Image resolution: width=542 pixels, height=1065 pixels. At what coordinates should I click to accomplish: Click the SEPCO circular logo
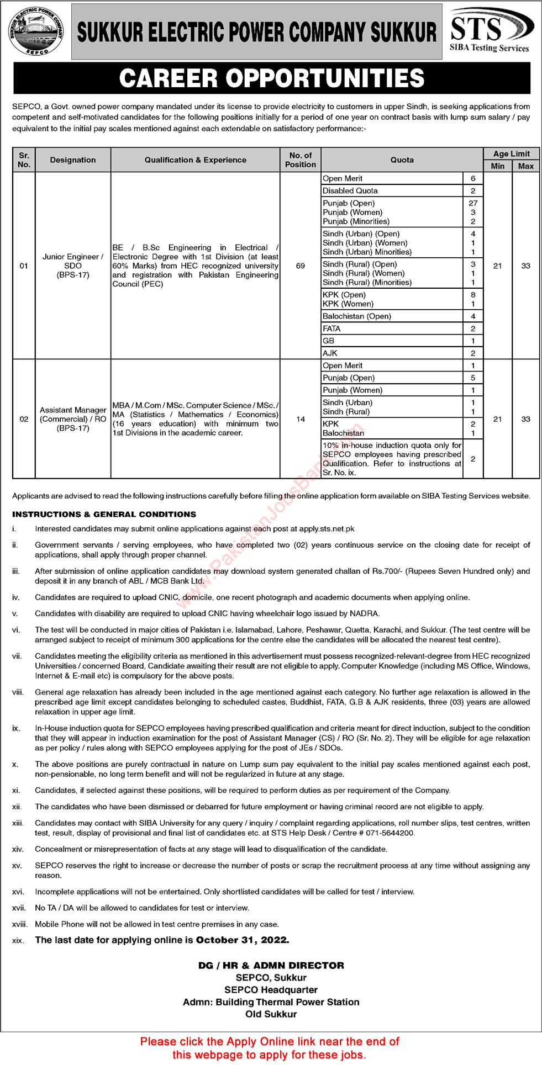(x=36, y=31)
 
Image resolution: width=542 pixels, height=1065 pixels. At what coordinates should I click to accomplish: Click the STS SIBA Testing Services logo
(x=491, y=30)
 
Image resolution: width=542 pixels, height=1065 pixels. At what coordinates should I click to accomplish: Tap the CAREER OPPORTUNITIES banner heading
(x=271, y=78)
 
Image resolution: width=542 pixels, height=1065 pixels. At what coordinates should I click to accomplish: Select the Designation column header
(x=73, y=160)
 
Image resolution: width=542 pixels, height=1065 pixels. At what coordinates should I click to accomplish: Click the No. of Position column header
(x=301, y=160)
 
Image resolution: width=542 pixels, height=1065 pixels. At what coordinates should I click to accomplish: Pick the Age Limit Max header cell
(x=525, y=166)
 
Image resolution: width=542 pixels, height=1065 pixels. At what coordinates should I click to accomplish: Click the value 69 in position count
(x=301, y=266)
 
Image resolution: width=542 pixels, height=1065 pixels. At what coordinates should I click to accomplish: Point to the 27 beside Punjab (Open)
(x=473, y=203)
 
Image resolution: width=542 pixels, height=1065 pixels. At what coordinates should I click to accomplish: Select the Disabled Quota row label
(x=350, y=191)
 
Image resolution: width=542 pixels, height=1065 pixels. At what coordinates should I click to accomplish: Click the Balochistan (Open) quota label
(x=357, y=316)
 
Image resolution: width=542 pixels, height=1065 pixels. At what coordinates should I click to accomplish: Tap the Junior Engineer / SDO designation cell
(x=73, y=266)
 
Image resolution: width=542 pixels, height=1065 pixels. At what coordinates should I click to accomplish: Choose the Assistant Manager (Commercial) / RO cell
(x=73, y=419)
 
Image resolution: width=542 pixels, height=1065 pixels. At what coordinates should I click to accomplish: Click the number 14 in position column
(x=301, y=420)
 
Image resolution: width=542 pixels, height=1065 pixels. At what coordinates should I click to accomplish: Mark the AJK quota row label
(x=330, y=353)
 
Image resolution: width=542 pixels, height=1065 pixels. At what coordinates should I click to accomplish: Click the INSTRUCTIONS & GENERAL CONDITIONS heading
(x=104, y=515)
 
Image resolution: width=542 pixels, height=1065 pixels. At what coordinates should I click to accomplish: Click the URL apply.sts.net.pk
(x=327, y=529)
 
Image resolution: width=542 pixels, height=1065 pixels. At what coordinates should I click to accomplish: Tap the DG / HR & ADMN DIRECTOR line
(x=271, y=966)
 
